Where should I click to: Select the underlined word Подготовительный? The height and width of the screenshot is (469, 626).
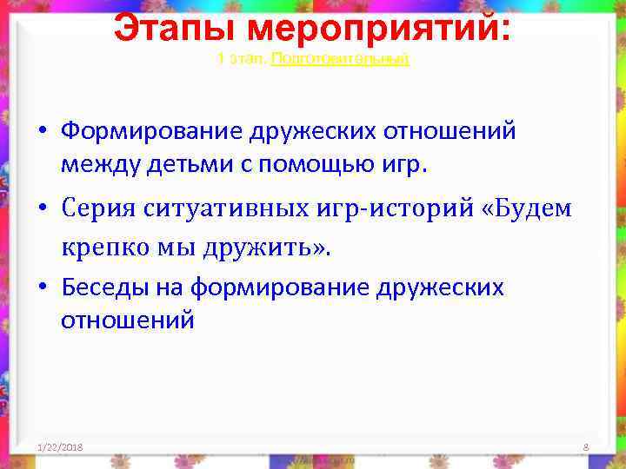coord(340,59)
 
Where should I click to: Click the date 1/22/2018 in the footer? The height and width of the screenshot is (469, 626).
coord(60,447)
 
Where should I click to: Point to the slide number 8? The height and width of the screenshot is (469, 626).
coord(586,447)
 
